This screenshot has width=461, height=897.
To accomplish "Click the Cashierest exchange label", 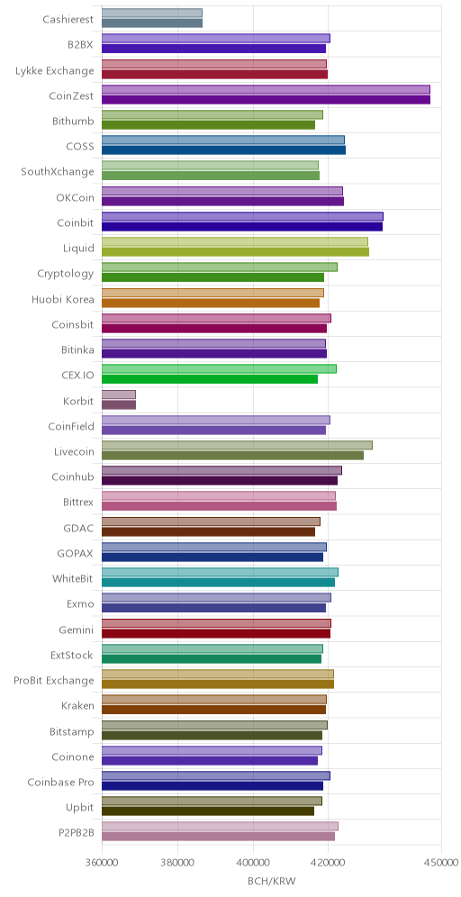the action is coord(68,19).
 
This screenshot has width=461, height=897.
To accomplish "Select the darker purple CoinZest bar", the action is coord(266,100).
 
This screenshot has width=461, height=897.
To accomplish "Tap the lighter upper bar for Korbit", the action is coord(118,394).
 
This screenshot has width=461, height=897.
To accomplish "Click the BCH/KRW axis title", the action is coord(272,881).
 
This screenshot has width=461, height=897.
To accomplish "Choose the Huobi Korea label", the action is coord(63,298).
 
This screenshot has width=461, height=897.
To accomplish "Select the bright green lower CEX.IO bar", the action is coord(209,379).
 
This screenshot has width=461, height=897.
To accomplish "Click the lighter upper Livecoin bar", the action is coord(237,445).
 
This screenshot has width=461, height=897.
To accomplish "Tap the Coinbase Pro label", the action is coord(60,782).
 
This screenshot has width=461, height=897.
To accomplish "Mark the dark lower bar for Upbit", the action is coord(208,811).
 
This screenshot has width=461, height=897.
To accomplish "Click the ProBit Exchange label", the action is coord(54,680).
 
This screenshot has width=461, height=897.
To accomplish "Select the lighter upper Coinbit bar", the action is coord(242,217).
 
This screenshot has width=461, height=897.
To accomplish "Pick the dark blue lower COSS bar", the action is coord(223,150).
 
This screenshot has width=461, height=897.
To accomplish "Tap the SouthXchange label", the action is coord(58,171).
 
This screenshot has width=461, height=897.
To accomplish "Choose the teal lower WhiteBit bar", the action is coord(218,583).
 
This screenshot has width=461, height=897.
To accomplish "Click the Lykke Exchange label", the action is coord(56,70).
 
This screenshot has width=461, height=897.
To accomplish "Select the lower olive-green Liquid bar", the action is coord(235,251).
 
